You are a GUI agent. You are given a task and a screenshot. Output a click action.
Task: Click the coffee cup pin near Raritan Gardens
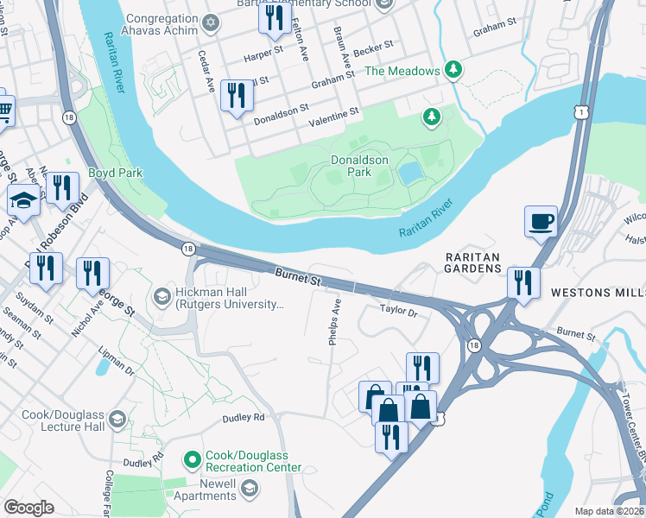541,221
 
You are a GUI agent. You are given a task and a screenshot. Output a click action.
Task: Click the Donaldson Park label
360,166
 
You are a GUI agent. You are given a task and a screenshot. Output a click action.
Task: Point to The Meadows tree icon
453,70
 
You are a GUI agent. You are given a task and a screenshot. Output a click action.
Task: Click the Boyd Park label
115,173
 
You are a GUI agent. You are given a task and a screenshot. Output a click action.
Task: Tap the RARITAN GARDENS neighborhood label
473,263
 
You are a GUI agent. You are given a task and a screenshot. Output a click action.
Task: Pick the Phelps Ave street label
335,322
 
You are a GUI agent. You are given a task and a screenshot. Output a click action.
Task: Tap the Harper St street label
264,52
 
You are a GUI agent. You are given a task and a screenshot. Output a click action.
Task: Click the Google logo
28,508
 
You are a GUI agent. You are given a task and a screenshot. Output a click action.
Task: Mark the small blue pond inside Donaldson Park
411,173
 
